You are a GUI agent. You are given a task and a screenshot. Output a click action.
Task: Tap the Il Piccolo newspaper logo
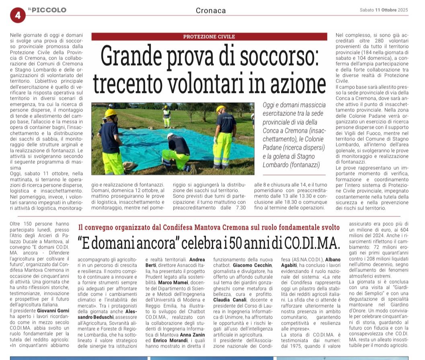47,10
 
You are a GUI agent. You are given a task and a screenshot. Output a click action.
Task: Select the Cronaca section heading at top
211,10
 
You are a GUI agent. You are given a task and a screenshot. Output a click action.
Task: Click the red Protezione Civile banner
209,37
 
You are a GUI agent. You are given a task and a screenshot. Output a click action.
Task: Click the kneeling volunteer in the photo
177,151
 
